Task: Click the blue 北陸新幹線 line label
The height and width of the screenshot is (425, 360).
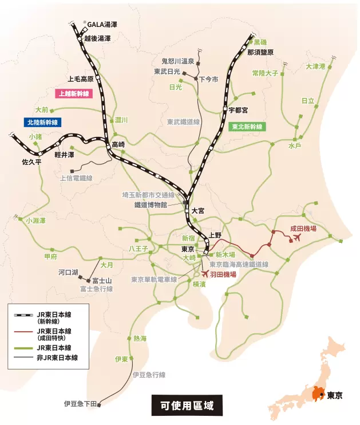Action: pos(42,122)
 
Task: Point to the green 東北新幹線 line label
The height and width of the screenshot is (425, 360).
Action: pos(247,127)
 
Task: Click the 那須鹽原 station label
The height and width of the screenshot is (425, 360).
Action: pos(260,52)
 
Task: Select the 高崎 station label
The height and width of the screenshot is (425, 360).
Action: pos(118,144)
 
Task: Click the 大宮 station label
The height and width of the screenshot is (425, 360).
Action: pos(198,211)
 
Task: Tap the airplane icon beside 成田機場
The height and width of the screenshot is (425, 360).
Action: pos(295,238)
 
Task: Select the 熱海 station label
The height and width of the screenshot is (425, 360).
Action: pos(140,339)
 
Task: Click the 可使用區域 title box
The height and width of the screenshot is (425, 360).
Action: pos(183,406)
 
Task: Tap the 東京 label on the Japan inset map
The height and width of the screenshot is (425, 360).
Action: pos(335,395)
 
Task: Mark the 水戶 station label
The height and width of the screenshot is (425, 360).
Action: pos(295,146)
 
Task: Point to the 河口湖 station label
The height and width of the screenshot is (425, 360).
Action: pos(68,273)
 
